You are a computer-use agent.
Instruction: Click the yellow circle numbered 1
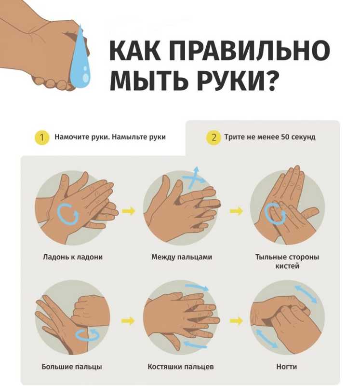(x=41, y=137)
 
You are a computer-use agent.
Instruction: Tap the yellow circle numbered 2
(x=213, y=137)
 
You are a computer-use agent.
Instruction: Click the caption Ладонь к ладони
(x=73, y=257)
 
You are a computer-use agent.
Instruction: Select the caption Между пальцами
(x=182, y=257)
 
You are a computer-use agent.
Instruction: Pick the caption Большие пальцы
(x=72, y=367)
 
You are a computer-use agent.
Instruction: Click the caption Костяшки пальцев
(x=181, y=367)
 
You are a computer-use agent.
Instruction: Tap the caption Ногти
(x=286, y=367)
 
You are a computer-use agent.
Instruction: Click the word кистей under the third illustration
(x=287, y=266)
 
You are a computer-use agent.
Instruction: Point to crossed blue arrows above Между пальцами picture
(x=194, y=178)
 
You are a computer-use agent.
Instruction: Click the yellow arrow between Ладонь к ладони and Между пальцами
(x=128, y=211)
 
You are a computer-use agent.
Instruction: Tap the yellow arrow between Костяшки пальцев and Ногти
(x=236, y=321)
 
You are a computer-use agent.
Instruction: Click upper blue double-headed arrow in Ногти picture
(x=306, y=294)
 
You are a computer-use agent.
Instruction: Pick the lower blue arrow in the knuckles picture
(x=196, y=344)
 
